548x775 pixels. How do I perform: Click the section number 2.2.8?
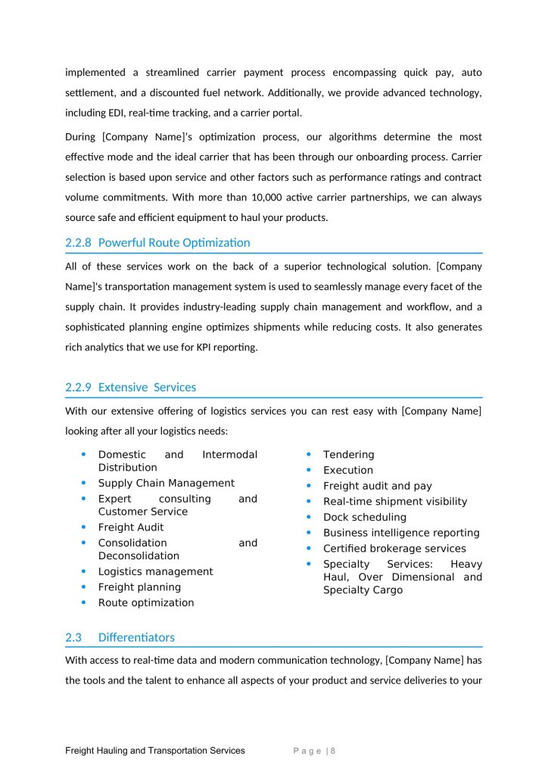(79, 243)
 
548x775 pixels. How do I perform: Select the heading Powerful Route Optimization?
(174, 243)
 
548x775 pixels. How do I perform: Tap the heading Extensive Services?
(147, 387)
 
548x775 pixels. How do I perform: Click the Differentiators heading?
(136, 637)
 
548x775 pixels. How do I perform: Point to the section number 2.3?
(73, 637)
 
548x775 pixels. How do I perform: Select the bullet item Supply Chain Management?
(167, 483)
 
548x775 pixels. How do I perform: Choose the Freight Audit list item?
(131, 527)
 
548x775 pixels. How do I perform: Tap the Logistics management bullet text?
(155, 571)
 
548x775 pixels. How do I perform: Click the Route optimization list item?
(146, 602)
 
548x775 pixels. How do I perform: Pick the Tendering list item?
(348, 454)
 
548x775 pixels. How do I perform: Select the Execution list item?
(348, 470)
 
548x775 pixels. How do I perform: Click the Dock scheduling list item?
(365, 517)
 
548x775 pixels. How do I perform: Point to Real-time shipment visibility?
(395, 501)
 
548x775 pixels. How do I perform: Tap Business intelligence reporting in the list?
(401, 533)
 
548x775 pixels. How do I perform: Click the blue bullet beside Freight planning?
(83, 587)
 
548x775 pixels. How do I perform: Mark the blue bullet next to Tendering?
(309, 454)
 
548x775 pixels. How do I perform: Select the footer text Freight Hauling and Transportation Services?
(155, 751)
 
